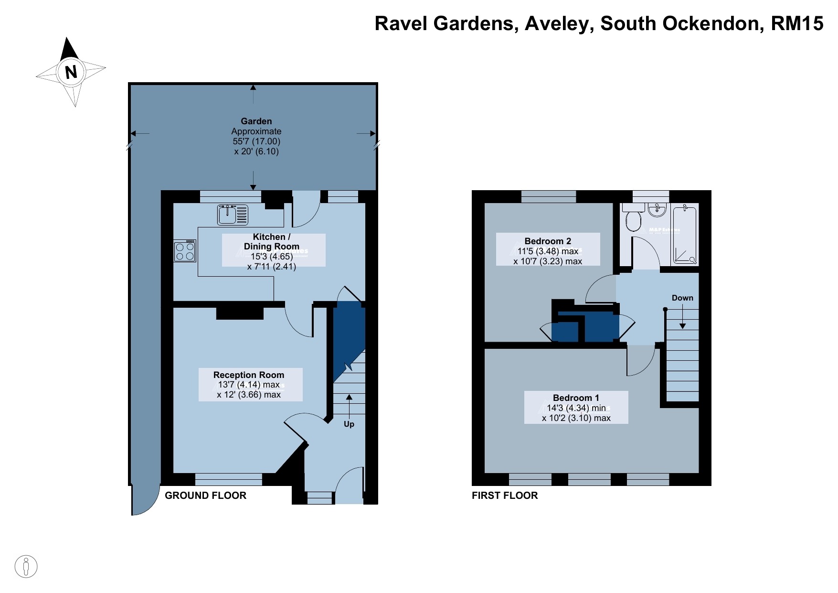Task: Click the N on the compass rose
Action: (x=71, y=72)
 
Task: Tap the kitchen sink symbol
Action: (x=233, y=215)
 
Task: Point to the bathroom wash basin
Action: (x=658, y=209)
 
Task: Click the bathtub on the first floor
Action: (x=685, y=234)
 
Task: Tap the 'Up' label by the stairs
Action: (x=349, y=424)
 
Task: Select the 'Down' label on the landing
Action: (x=682, y=298)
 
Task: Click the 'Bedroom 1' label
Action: (x=575, y=398)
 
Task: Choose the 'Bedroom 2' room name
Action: (x=548, y=241)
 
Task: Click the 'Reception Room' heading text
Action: (x=248, y=375)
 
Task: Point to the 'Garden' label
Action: (x=256, y=121)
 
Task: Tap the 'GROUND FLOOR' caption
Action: (x=205, y=496)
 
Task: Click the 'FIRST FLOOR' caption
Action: (x=505, y=496)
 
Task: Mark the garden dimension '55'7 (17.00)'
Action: (x=256, y=141)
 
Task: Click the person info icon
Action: (x=26, y=567)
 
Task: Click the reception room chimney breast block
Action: (x=240, y=313)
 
